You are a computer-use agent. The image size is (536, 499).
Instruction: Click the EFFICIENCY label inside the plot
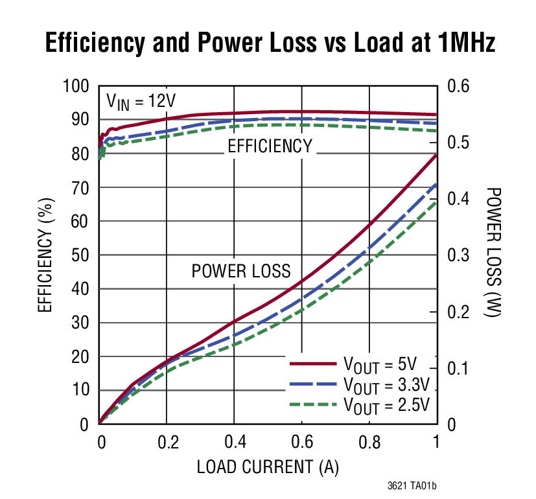click(x=269, y=146)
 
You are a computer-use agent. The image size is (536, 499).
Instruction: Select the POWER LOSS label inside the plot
click(x=240, y=271)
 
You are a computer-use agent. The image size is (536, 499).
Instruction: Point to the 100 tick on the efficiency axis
click(x=76, y=86)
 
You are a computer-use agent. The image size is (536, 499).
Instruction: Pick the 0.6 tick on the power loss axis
click(x=460, y=86)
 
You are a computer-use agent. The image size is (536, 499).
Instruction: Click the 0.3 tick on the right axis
click(x=460, y=255)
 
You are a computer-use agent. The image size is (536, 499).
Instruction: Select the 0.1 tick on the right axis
click(x=460, y=368)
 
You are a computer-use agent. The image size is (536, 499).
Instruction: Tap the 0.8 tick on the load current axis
click(x=369, y=442)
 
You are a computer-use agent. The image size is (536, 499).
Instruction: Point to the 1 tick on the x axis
click(x=436, y=442)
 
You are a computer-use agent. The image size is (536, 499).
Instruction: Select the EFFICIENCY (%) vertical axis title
click(x=45, y=255)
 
